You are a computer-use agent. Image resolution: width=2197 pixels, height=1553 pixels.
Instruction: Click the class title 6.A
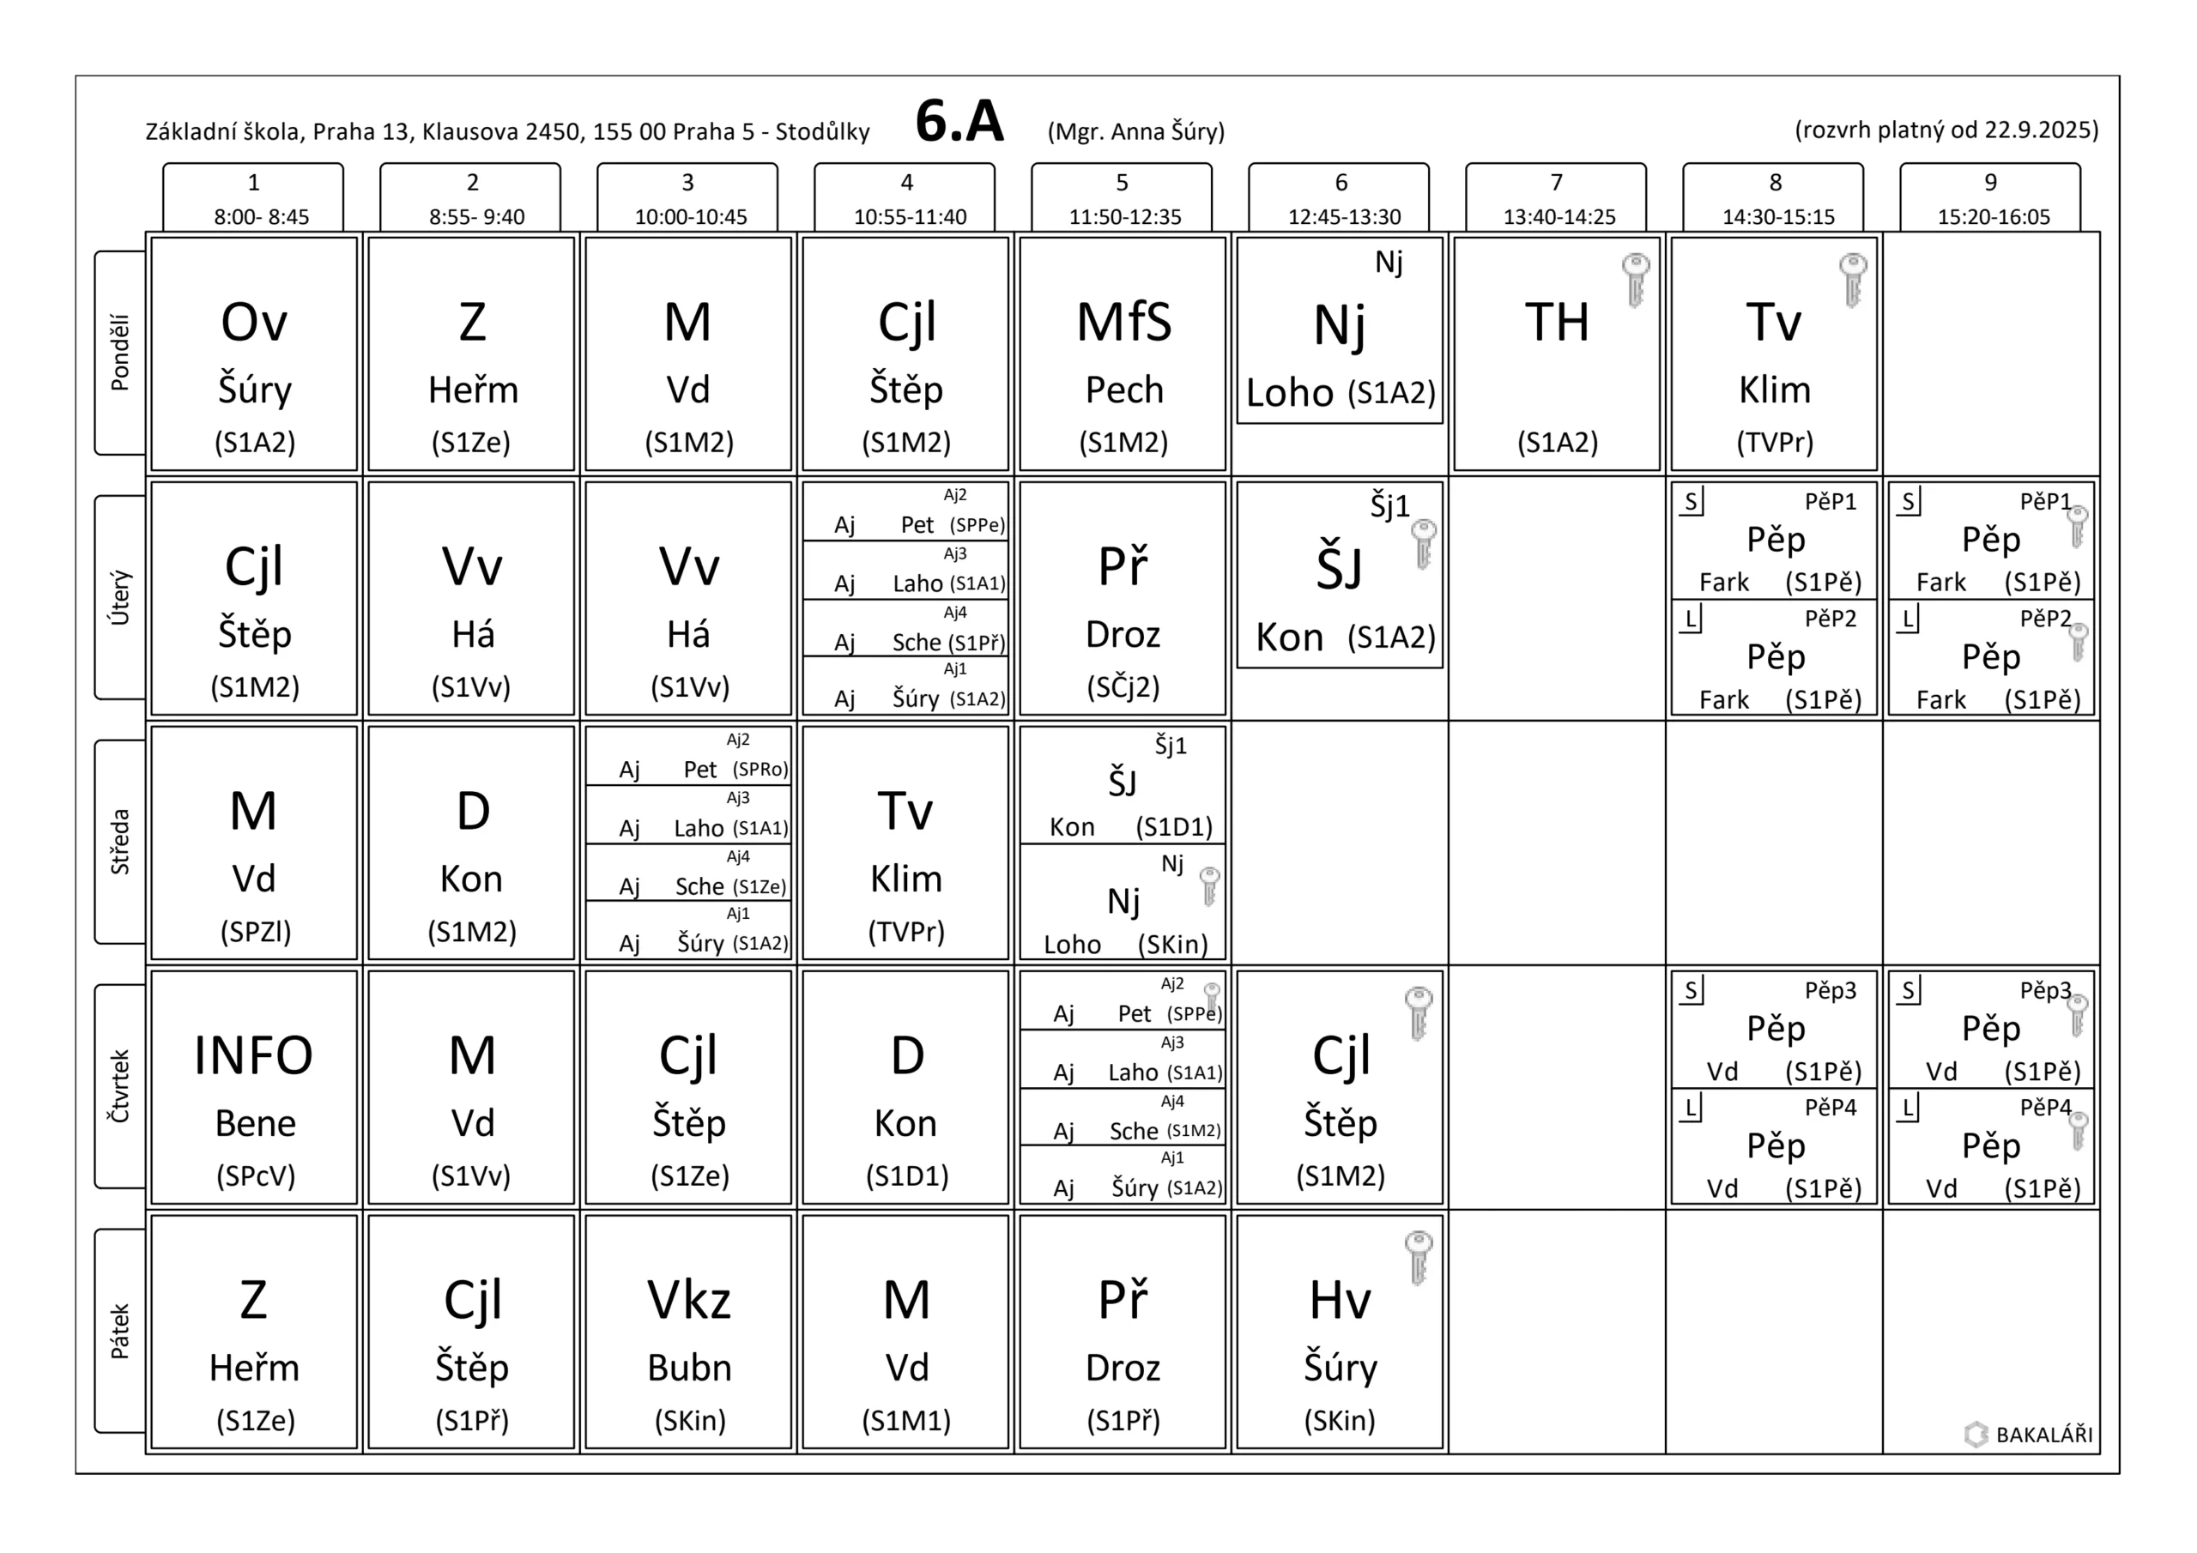tap(959, 123)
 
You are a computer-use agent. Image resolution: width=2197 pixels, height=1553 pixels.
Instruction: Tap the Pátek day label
tap(119, 1330)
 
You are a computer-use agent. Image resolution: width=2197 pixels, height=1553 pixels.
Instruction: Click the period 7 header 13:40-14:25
tap(1557, 199)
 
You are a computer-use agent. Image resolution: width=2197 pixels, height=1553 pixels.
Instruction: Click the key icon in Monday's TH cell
tap(1636, 280)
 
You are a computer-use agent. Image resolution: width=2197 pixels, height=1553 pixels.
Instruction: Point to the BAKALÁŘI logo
tap(2029, 1435)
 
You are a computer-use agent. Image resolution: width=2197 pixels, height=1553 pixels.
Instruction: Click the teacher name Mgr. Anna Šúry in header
tap(1135, 131)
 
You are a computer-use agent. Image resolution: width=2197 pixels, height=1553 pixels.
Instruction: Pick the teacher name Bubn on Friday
tap(689, 1368)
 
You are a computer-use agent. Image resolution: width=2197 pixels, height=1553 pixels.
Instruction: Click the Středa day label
tap(119, 841)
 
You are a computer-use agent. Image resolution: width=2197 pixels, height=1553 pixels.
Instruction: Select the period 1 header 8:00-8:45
tap(253, 199)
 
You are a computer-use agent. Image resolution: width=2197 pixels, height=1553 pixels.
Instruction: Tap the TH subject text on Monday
tap(1557, 323)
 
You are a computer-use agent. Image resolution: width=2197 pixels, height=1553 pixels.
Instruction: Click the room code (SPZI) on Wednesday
tap(256, 931)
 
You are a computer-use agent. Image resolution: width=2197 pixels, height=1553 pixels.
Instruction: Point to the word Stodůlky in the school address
tap(822, 131)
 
